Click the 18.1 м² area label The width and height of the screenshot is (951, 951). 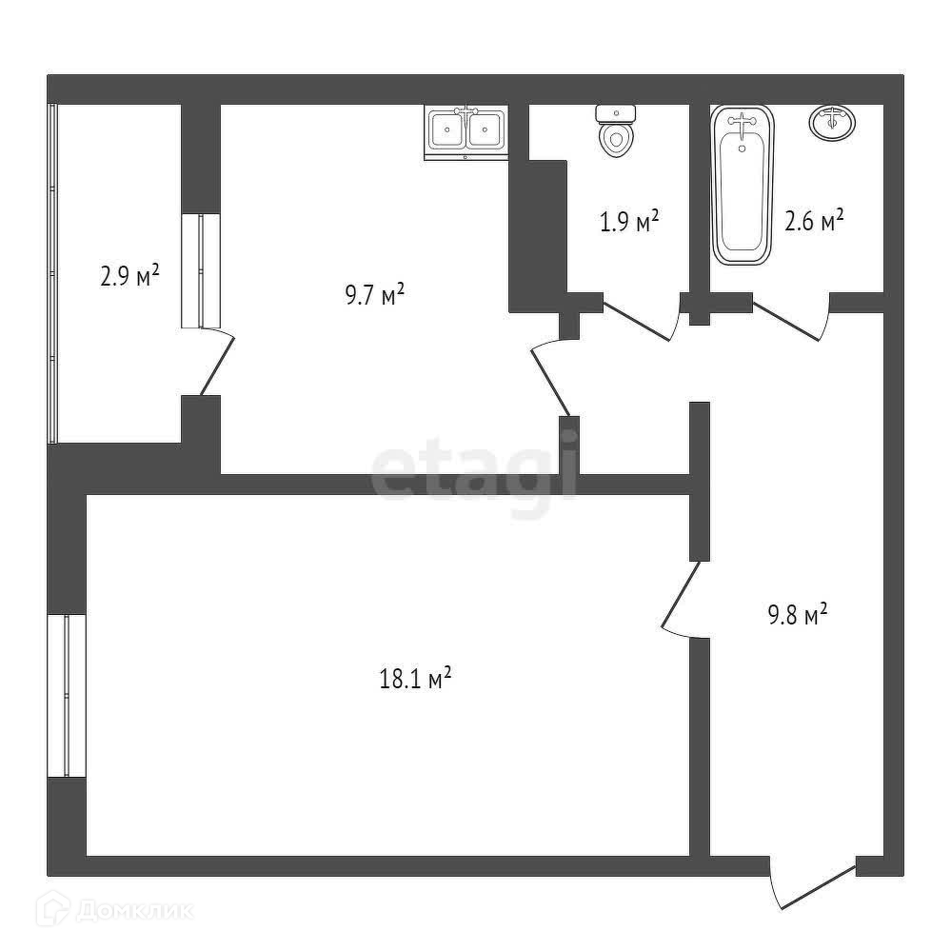pyautogui.click(x=414, y=680)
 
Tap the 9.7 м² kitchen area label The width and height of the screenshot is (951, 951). pyautogui.click(x=374, y=294)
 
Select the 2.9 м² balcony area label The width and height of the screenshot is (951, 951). pyautogui.click(x=129, y=277)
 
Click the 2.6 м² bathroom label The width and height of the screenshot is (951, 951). pyautogui.click(x=814, y=222)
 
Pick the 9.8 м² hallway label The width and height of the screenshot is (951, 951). pyautogui.click(x=797, y=615)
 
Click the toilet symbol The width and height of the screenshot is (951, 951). pyautogui.click(x=616, y=129)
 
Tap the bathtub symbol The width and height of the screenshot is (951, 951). pyautogui.click(x=743, y=186)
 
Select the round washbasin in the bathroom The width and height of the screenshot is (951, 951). pyautogui.click(x=832, y=122)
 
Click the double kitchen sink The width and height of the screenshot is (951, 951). pyautogui.click(x=466, y=129)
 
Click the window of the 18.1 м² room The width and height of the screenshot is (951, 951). pyautogui.click(x=67, y=696)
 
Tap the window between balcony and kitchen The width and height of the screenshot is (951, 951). pyautogui.click(x=201, y=271)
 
